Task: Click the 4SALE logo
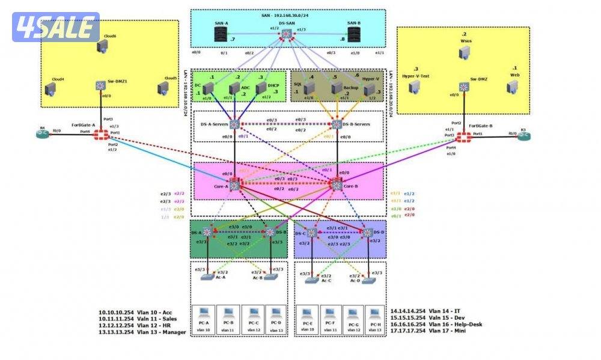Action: click(56, 27)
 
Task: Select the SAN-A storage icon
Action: click(221, 36)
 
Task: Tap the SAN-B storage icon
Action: click(353, 36)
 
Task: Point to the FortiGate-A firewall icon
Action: click(100, 135)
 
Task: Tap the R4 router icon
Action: click(43, 135)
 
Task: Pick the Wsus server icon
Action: click(464, 53)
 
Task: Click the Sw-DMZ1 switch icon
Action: click(100, 86)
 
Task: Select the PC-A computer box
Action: click(203, 319)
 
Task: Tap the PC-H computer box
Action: click(374, 319)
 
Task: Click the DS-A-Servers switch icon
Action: click(234, 124)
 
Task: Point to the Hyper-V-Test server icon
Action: click(414, 88)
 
